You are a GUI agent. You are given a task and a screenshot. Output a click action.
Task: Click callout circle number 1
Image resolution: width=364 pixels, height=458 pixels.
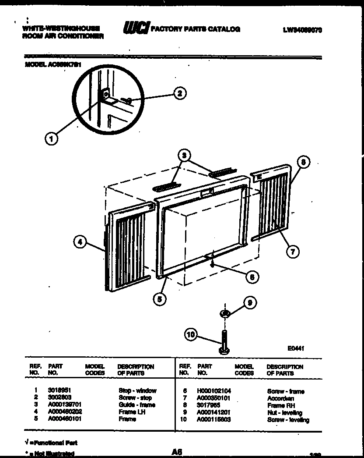click(x=52, y=139)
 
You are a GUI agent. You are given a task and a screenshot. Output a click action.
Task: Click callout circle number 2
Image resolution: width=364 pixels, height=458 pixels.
click(x=178, y=93)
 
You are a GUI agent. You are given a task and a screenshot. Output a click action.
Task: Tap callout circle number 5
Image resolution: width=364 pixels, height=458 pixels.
click(x=160, y=299)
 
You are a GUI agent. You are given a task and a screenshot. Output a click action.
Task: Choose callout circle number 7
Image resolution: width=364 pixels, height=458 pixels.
click(x=292, y=251)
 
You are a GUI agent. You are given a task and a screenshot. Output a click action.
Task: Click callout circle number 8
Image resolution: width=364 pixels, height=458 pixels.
click(x=303, y=162)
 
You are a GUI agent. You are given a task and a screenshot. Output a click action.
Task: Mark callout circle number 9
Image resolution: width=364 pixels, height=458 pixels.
click(x=249, y=303)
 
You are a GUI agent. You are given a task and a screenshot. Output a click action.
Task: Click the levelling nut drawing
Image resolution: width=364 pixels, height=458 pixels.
click(x=224, y=313)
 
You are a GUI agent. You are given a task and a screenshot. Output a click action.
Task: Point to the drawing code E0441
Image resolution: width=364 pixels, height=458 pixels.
click(x=296, y=348)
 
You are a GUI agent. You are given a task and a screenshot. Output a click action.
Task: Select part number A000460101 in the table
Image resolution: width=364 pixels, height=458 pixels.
click(x=65, y=419)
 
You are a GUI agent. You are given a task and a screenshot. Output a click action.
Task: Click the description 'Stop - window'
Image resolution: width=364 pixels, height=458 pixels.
click(x=137, y=391)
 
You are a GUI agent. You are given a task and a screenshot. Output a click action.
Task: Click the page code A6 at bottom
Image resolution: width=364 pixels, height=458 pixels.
click(x=177, y=451)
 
